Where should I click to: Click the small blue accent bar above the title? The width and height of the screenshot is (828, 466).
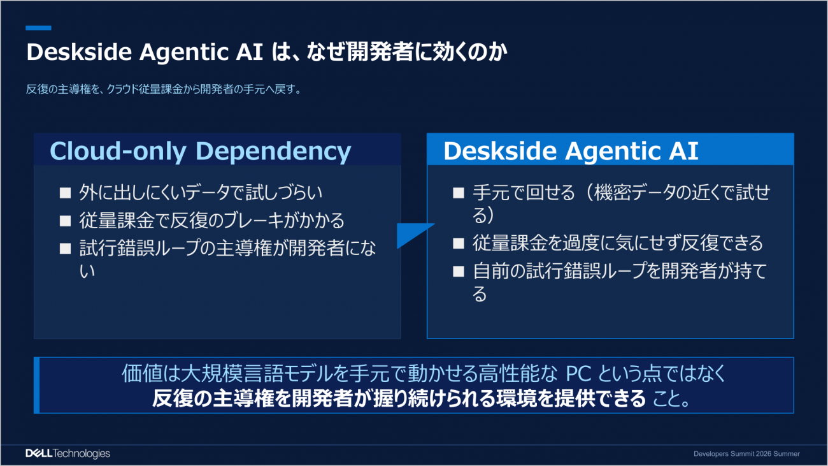(38, 28)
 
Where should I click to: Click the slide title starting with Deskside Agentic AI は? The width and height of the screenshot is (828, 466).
(266, 52)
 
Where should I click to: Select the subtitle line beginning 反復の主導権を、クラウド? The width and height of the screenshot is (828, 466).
(164, 89)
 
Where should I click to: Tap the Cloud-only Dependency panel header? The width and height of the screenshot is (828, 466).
(217, 149)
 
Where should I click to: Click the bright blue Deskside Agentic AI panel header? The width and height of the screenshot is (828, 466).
(610, 149)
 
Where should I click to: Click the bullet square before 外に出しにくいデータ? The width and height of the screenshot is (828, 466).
(66, 193)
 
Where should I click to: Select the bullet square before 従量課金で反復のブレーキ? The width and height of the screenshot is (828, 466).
(66, 221)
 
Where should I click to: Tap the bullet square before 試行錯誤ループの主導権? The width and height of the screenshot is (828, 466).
(66, 249)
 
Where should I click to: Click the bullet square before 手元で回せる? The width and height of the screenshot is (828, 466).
(459, 193)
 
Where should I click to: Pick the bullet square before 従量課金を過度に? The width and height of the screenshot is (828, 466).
(459, 244)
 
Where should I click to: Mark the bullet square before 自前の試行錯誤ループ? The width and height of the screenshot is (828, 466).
(459, 272)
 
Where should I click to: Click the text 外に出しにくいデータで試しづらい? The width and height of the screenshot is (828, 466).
(201, 193)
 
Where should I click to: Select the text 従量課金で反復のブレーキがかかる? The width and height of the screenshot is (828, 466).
(212, 221)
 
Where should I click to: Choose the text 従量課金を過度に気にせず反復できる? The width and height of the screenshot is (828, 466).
(618, 244)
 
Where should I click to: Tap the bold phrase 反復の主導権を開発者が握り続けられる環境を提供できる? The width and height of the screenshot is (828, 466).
(399, 398)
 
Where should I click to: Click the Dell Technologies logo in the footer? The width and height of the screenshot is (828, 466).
(68, 453)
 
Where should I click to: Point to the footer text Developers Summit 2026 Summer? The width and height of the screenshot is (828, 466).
(746, 454)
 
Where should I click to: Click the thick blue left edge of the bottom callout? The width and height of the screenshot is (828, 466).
(36, 385)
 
